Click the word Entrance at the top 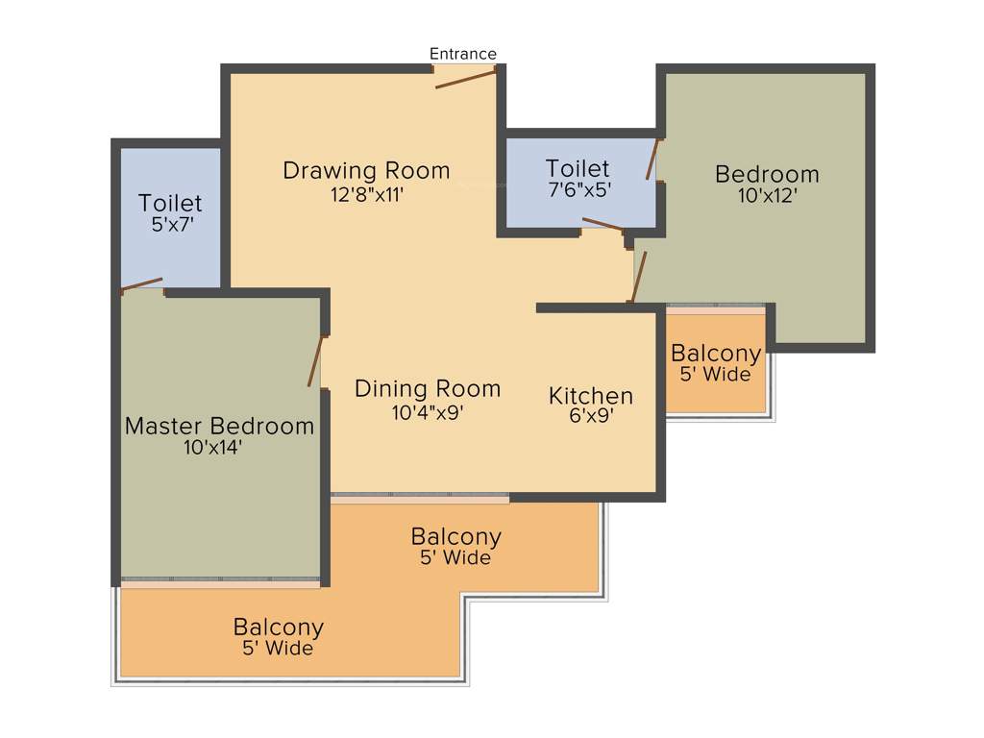pyautogui.click(x=463, y=54)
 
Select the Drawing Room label pyautogui.click(x=366, y=171)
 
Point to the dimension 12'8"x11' pyautogui.click(x=366, y=194)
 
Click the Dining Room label pyautogui.click(x=428, y=389)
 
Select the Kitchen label pyautogui.click(x=591, y=395)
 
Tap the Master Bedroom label pyautogui.click(x=219, y=426)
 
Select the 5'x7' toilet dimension pyautogui.click(x=170, y=227)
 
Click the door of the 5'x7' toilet pyautogui.click(x=141, y=283)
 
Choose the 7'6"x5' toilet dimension pyautogui.click(x=578, y=190)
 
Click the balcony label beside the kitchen pyautogui.click(x=716, y=353)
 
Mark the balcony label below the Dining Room pyautogui.click(x=455, y=536)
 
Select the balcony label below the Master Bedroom pyautogui.click(x=278, y=627)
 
